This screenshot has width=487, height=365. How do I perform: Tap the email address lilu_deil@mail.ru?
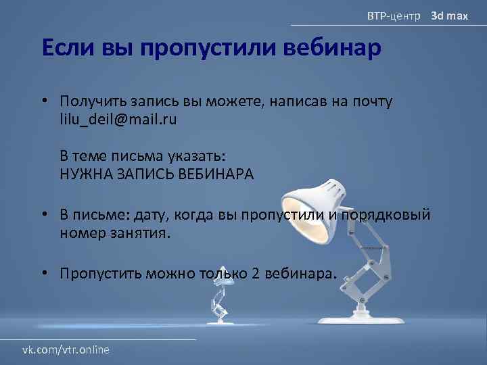118,119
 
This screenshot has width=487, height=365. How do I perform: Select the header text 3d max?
450,14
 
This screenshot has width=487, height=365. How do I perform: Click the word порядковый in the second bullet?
386,216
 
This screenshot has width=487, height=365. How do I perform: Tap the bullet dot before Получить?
43,101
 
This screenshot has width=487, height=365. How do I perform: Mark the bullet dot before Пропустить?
43,273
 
